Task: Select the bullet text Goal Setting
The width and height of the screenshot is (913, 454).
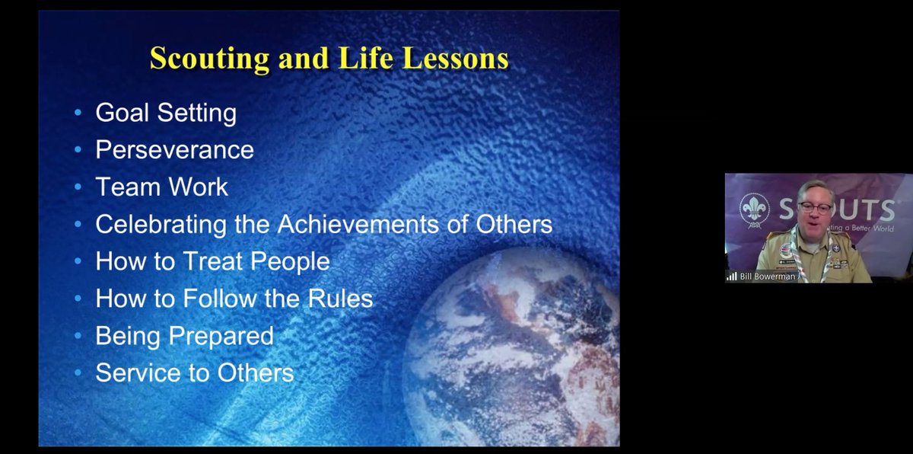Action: (x=165, y=113)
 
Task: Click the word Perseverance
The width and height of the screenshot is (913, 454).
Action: (x=174, y=149)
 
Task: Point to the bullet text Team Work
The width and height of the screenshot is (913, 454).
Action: (x=161, y=187)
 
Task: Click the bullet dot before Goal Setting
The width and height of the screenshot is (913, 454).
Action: (x=78, y=113)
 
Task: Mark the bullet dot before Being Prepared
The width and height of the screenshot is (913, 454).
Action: (x=78, y=336)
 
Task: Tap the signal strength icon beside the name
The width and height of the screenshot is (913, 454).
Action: (x=732, y=277)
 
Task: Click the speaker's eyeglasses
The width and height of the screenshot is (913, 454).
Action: (x=815, y=208)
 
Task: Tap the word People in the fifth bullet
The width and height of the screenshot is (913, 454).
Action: (x=290, y=261)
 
